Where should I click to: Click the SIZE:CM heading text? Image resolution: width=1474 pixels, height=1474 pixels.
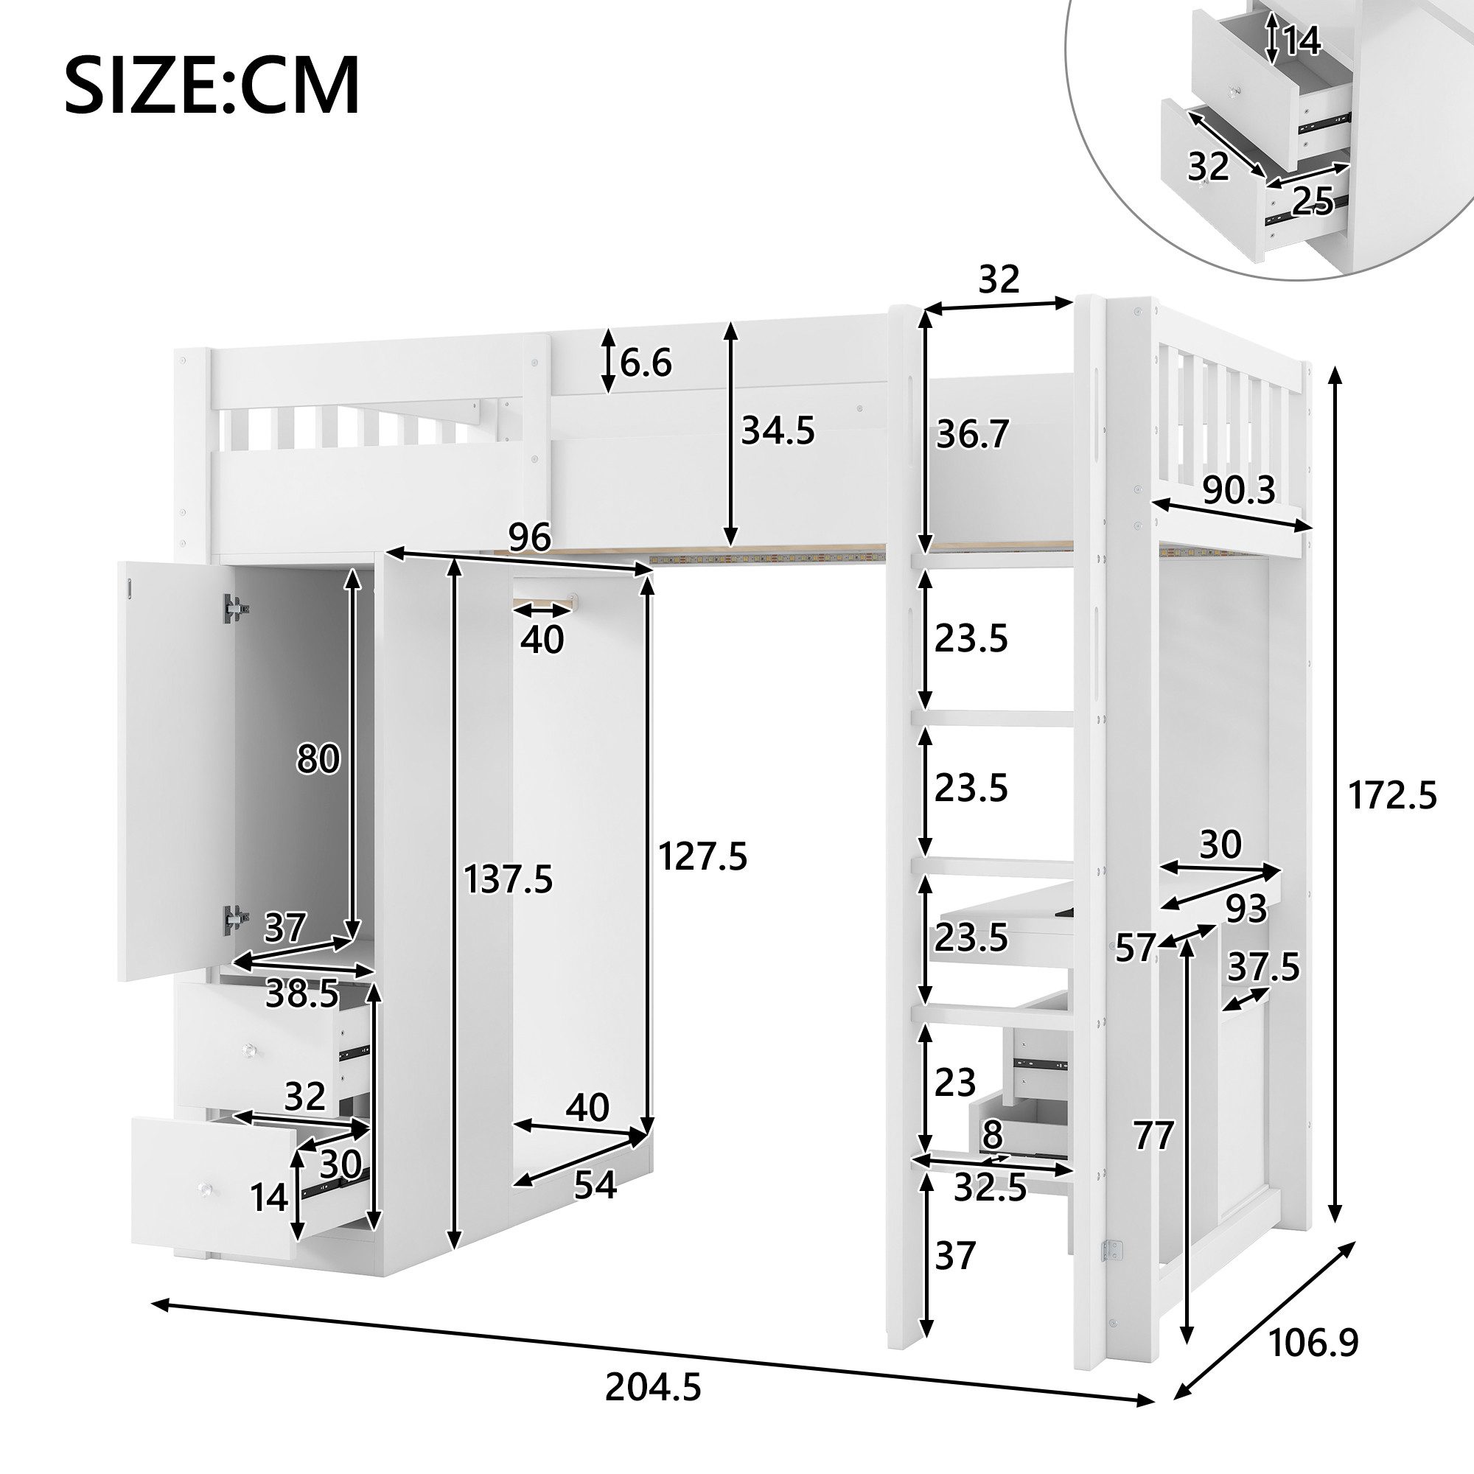(x=212, y=85)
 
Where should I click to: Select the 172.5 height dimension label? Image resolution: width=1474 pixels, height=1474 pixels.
(x=1392, y=796)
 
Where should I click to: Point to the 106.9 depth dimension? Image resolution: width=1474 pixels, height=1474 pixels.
(x=1313, y=1343)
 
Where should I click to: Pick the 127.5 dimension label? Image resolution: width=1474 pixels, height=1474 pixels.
(x=702, y=856)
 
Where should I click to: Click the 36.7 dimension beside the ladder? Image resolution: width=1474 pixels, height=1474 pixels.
(x=973, y=435)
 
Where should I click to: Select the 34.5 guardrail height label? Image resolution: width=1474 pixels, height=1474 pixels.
(x=778, y=431)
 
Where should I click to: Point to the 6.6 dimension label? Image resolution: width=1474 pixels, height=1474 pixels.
(x=646, y=363)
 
